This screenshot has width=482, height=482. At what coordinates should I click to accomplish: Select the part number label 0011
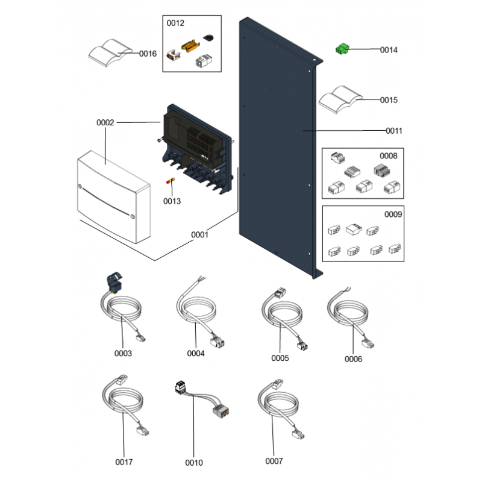tap(395, 131)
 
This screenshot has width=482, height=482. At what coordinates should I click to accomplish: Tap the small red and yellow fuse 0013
tap(171, 181)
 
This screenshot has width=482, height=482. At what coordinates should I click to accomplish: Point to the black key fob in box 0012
tap(208, 38)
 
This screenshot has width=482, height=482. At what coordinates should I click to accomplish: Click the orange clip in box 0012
tap(189, 46)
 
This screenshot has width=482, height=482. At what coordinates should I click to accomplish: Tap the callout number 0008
tap(388, 155)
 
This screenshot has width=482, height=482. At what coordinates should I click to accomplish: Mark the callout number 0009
tap(394, 214)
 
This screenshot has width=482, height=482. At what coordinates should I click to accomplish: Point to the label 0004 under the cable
tap(196, 354)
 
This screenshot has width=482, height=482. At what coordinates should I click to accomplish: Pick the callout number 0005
tap(280, 358)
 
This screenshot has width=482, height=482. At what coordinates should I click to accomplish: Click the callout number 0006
tap(354, 359)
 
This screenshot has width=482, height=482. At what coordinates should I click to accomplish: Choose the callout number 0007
tap(274, 462)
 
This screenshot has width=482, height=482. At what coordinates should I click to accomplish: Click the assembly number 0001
tap(199, 235)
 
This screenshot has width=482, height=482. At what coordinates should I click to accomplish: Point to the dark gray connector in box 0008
tap(381, 170)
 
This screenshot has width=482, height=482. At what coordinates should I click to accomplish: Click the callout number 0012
tap(176, 23)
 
